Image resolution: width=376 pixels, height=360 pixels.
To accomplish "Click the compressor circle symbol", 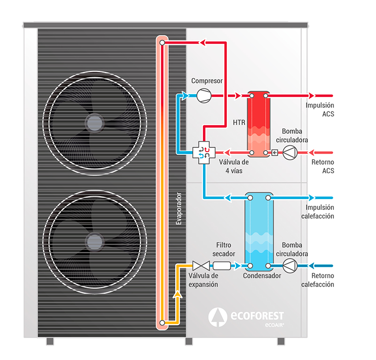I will click(x=204, y=96).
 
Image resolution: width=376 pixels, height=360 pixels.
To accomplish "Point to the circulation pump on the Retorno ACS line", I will click(x=290, y=152).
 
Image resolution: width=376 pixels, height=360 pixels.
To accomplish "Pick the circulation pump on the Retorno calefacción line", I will click(x=290, y=266).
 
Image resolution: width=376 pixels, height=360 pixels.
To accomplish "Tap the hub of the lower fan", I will click(x=93, y=242).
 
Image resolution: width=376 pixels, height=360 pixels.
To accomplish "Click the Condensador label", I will click(x=262, y=276).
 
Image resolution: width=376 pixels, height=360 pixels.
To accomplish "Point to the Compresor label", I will click(x=207, y=81).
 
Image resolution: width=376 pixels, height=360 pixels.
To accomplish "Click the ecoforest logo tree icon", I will click(x=218, y=316).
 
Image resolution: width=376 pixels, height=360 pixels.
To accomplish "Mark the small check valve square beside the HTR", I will click(x=275, y=152).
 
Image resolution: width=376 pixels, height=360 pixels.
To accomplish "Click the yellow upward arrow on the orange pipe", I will click(x=177, y=295).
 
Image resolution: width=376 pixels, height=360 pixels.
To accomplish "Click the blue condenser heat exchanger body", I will click(x=258, y=231).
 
